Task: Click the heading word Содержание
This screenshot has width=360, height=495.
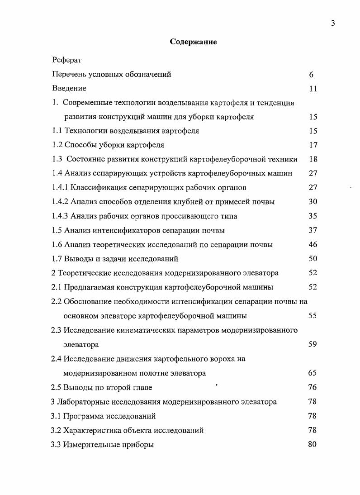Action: [x=193, y=42]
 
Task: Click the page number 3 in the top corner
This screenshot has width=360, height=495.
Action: [x=332, y=24]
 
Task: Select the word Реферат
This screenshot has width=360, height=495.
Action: [x=66, y=60]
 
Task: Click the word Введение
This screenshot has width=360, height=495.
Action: [x=69, y=89]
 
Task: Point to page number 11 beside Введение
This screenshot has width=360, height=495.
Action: [x=313, y=89]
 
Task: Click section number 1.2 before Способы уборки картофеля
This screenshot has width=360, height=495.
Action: [x=57, y=145]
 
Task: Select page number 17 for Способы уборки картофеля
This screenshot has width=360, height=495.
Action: [x=313, y=145]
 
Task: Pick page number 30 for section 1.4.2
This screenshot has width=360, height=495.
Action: [x=313, y=202]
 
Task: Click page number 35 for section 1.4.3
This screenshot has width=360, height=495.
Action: [x=313, y=216]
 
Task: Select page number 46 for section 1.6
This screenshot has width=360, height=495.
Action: [x=313, y=245]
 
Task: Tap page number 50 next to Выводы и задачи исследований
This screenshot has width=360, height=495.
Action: [x=313, y=259]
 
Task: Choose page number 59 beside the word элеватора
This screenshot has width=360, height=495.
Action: [x=313, y=344]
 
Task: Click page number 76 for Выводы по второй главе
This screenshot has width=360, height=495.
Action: [x=313, y=387]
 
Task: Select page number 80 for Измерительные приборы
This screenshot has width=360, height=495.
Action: [x=312, y=444]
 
